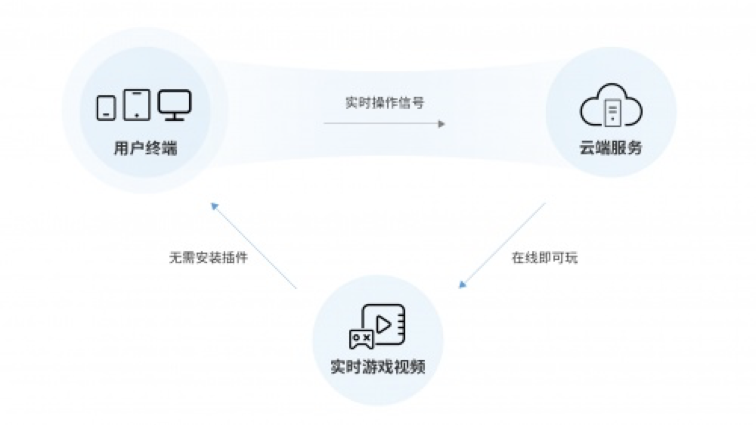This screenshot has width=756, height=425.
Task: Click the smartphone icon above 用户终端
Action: [106, 107]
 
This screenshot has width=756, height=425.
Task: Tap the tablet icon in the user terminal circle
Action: [137, 104]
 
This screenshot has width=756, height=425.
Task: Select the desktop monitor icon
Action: [175, 104]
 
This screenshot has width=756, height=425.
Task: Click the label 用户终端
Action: [145, 148]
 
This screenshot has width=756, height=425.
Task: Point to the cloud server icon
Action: [611, 105]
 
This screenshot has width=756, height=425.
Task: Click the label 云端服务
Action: [611, 147]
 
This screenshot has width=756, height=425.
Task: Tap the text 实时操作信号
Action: [385, 103]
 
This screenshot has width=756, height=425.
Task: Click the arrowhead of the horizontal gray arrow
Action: [442, 124]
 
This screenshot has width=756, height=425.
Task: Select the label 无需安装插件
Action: [209, 258]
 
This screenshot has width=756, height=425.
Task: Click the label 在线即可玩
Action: [544, 258]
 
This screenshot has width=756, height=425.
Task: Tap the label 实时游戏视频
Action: [378, 367]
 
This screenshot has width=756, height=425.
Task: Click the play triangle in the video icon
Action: [384, 324]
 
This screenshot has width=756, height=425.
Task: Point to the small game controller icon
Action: [361, 339]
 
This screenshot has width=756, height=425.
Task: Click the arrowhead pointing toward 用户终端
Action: [215, 206]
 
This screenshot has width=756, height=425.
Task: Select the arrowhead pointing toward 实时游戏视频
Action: [463, 284]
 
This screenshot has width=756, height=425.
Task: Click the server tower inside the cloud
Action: [612, 113]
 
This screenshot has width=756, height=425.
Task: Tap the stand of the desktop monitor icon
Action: [175, 116]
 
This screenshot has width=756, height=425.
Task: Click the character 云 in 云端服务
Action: [587, 147]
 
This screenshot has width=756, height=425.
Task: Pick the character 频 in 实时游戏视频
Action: [418, 367]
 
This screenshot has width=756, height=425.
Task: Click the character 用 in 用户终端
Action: [121, 148]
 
